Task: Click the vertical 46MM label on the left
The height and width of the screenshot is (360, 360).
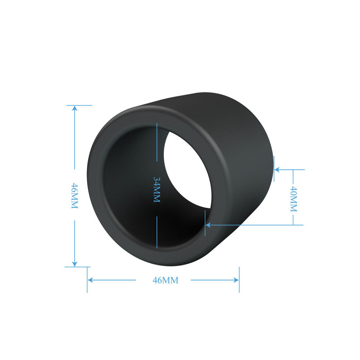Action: click(75, 196)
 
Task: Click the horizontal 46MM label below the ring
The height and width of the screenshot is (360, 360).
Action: click(166, 280)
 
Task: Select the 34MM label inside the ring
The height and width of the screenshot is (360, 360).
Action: click(157, 189)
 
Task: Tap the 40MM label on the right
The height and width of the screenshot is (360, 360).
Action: click(294, 199)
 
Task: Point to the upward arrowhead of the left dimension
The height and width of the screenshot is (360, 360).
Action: click(75, 108)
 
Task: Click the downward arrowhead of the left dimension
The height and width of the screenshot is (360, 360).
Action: click(75, 264)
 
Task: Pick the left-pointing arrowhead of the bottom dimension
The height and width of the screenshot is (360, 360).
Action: click(90, 280)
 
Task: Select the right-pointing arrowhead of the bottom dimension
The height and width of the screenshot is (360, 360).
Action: click(236, 280)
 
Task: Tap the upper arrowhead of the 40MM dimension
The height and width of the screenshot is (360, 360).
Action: click(277, 170)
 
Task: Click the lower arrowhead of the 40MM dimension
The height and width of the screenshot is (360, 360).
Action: click(208, 225)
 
